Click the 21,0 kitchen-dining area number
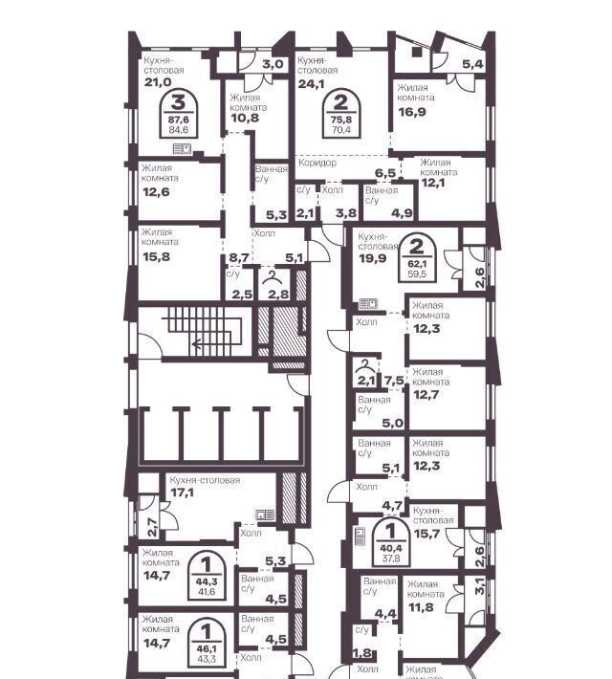pos(158,82)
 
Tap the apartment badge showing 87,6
pos(179,115)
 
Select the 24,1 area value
pos(311,83)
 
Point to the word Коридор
pos(317,163)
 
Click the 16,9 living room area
pos(412,112)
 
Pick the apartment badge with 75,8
pos(341,115)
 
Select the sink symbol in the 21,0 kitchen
pos(183,149)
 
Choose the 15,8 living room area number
pos(157,257)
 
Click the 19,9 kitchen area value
pos(373,258)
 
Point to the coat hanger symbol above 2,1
pos(366,367)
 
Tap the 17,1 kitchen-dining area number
pos(183,493)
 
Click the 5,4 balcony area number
pos(472,64)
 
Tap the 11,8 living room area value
pos(421,607)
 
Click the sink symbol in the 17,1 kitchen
pos(265,515)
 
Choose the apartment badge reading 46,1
pos(207,643)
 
